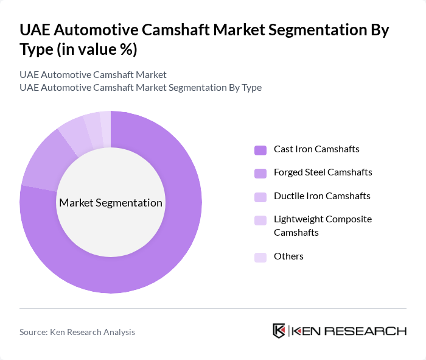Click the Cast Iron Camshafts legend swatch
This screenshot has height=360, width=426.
point(260,150)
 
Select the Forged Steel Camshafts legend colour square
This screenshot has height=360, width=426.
point(260,173)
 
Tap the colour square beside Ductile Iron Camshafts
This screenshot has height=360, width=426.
point(260,197)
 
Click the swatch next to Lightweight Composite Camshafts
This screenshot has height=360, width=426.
point(260,220)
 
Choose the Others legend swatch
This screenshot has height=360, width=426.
point(260,257)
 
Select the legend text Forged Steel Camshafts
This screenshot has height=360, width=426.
point(323,172)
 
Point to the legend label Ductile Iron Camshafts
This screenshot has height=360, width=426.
point(322,196)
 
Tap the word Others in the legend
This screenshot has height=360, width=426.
point(288,256)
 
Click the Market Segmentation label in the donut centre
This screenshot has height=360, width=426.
point(111,203)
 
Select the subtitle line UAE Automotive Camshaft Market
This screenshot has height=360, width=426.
point(93,75)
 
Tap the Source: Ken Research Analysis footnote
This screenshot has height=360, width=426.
point(77,332)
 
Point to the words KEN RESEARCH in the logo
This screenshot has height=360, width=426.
point(349,331)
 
